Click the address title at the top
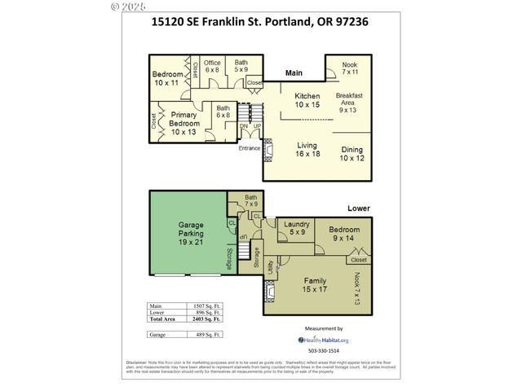pos(259,22)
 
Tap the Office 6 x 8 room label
pos(213,66)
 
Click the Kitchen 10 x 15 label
pos(307,99)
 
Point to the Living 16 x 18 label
pos(308,149)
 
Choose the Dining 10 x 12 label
pos(352,153)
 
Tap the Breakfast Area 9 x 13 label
pos(352,103)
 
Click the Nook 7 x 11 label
pos(350,68)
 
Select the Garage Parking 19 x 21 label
pos(191,233)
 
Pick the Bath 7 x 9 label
pos(239,200)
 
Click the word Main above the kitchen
pos(294,74)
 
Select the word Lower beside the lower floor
pos(359,209)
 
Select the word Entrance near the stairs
pos(249,148)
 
